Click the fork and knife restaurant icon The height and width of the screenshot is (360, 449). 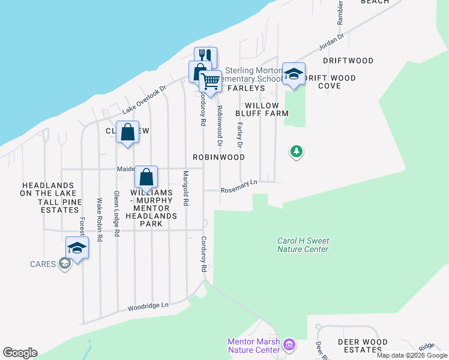(205, 56)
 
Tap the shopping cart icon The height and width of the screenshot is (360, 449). (210, 80)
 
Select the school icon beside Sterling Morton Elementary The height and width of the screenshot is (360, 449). (293, 74)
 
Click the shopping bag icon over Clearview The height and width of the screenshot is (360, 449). (128, 132)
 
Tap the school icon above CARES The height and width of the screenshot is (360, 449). (77, 247)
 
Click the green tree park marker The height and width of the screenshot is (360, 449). (296, 152)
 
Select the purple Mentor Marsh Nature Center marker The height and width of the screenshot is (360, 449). (290, 345)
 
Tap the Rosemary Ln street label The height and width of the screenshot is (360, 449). (238, 187)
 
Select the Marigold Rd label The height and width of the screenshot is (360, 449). (185, 188)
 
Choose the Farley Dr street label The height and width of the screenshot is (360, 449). (240, 135)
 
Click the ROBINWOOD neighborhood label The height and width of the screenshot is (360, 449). (218, 157)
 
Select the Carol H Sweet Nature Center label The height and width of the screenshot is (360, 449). (303, 245)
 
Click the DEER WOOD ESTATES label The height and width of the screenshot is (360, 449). (359, 345)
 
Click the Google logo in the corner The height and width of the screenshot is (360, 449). (20, 353)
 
